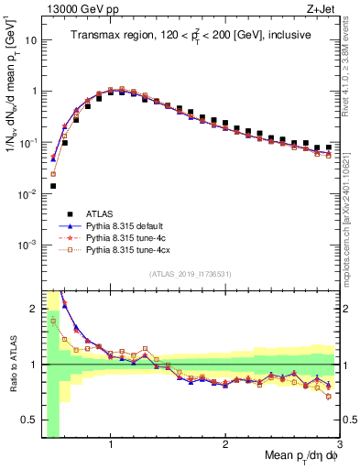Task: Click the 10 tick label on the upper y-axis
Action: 31,40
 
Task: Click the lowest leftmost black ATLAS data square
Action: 52,186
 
